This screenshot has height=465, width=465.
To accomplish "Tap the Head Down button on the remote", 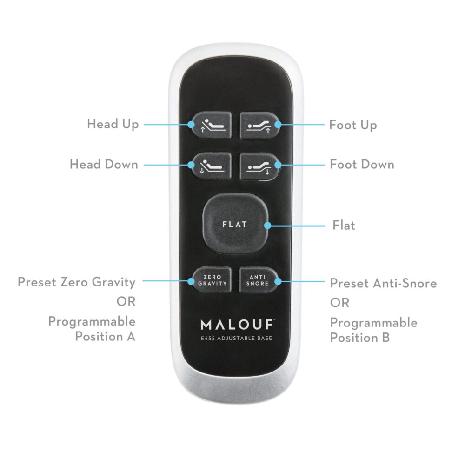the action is pyautogui.click(x=212, y=166).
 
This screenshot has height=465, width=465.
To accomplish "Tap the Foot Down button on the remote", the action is pyautogui.click(x=259, y=166).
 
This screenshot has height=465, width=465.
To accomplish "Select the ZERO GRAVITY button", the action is pyautogui.click(x=212, y=280).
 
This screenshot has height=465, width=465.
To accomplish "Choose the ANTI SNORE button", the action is pyautogui.click(x=258, y=280).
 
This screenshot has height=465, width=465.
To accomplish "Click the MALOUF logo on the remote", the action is pyautogui.click(x=237, y=325).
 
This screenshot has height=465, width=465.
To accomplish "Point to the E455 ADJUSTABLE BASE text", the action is pyautogui.click(x=236, y=338).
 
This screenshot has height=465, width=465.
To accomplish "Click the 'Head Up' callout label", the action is pyautogui.click(x=113, y=124).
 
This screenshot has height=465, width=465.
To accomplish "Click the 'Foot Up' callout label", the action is pyautogui.click(x=353, y=125).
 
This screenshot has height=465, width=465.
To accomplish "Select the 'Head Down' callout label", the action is pyautogui.click(x=104, y=164).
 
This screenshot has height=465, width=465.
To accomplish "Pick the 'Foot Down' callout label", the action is pyautogui.click(x=362, y=164).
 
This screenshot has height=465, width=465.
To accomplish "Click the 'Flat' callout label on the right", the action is pyautogui.click(x=344, y=226).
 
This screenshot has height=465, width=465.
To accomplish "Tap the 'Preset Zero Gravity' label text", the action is pyautogui.click(x=77, y=282).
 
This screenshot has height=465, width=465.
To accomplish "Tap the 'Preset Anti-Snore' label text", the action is pyautogui.click(x=383, y=283).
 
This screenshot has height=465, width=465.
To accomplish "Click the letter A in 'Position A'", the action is pyautogui.click(x=131, y=337).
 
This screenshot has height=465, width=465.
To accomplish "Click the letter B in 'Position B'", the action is pyautogui.click(x=385, y=338).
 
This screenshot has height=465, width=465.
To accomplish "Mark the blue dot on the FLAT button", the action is pyautogui.click(x=267, y=226).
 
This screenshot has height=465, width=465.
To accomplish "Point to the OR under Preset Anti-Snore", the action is pyautogui.click(x=339, y=303).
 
